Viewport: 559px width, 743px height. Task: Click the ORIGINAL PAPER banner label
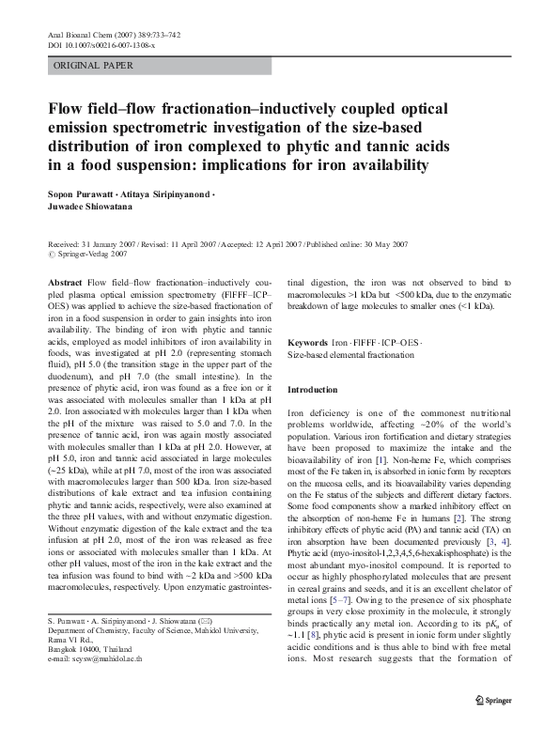(x=93, y=66)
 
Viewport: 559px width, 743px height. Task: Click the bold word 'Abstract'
(x=63, y=281)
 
